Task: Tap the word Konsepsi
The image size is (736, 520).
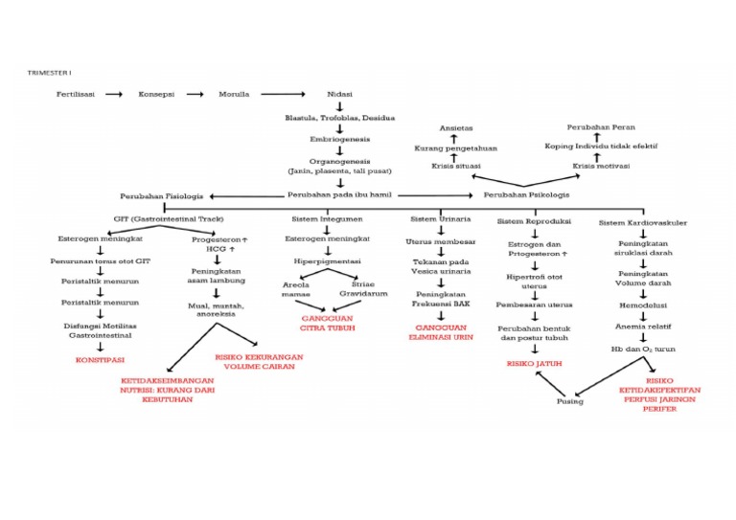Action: point(156,95)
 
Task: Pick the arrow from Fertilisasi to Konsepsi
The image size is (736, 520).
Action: point(115,95)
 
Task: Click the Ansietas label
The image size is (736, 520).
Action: point(455,127)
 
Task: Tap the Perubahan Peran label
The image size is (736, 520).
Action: point(600,127)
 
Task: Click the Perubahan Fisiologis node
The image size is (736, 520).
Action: point(161,194)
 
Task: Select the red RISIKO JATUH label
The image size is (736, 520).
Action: point(535,364)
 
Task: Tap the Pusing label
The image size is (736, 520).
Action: point(570,401)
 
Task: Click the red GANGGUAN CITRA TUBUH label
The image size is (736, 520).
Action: point(329,323)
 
